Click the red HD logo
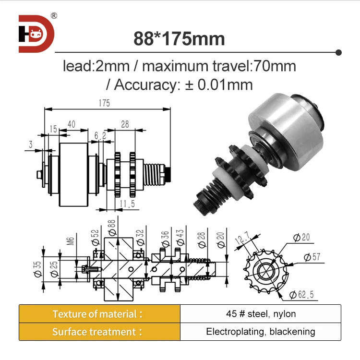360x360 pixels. pyautogui.click(x=36, y=34)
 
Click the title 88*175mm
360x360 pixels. pyautogui.click(x=180, y=38)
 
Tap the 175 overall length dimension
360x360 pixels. pyautogui.click(x=105, y=103)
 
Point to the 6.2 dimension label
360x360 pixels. pyautogui.click(x=100, y=136)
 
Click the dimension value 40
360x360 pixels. pyautogui.click(x=72, y=124)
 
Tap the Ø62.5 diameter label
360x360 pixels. pyautogui.click(x=301, y=294)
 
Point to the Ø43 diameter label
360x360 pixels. pyautogui.click(x=179, y=237)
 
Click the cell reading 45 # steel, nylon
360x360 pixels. pyautogui.click(x=261, y=314)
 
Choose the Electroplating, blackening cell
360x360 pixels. pyautogui.click(x=261, y=332)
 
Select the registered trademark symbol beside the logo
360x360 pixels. pyautogui.click(x=54, y=16)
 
